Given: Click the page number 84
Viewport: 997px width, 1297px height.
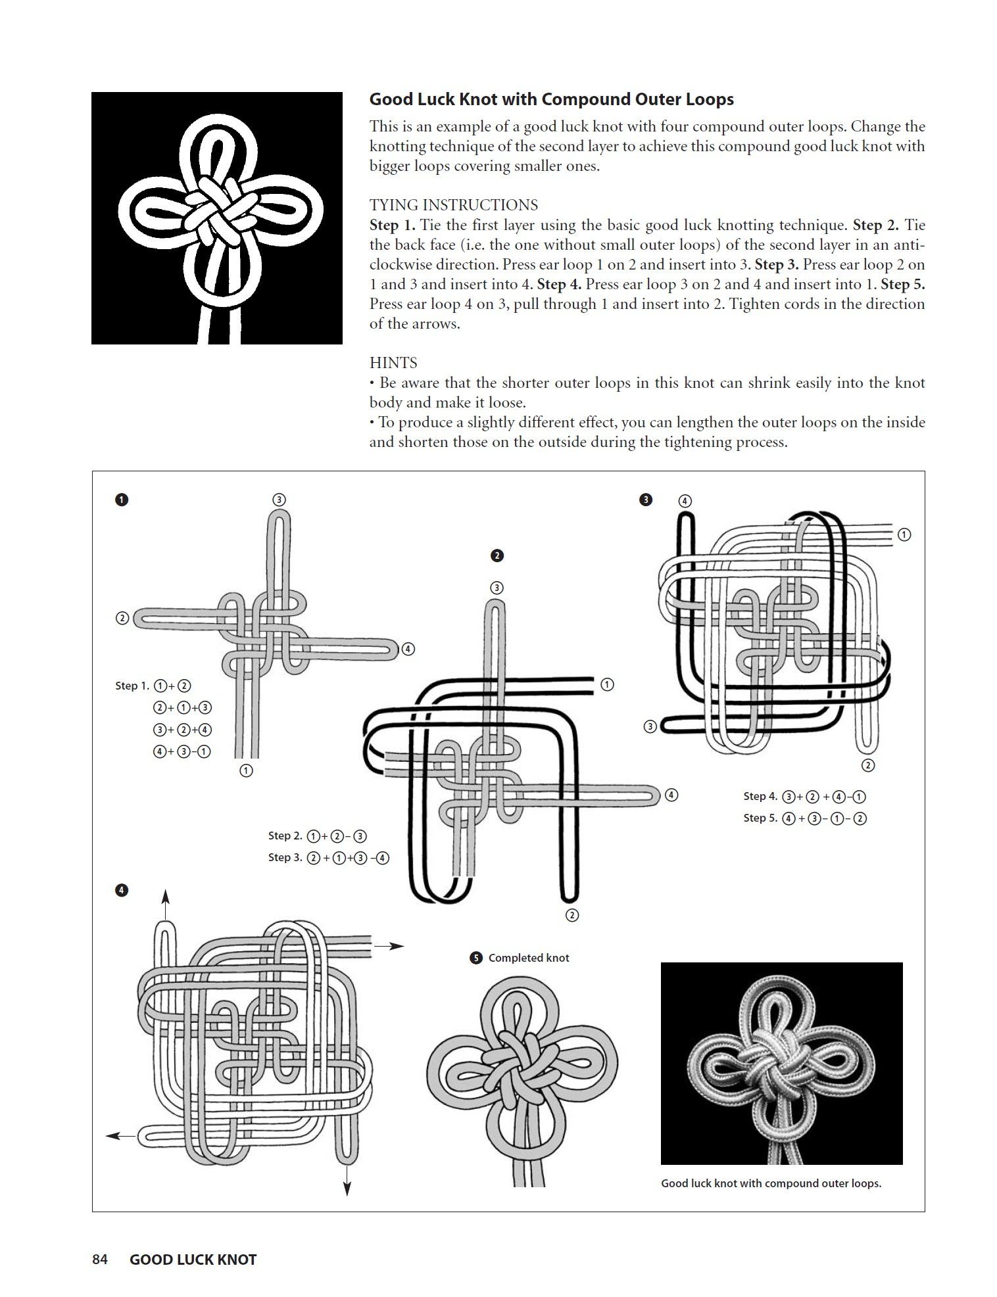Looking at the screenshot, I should [x=99, y=1260].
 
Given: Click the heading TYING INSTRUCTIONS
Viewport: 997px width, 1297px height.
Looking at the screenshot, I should [x=453, y=205].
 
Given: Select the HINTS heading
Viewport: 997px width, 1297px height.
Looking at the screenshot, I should [x=393, y=363].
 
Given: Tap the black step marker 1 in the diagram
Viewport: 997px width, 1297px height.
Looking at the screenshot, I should [x=122, y=500].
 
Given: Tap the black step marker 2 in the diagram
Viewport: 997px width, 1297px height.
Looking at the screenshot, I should [x=497, y=555].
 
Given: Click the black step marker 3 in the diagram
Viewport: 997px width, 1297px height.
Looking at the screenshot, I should [x=646, y=500].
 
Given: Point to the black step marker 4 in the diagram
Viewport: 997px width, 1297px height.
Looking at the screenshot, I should [x=122, y=891].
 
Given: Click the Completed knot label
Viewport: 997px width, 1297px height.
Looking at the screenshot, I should [x=528, y=958].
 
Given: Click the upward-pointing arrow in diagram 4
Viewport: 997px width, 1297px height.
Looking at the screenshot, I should [x=166, y=899].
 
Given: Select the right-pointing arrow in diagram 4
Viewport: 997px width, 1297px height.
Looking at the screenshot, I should [x=389, y=946].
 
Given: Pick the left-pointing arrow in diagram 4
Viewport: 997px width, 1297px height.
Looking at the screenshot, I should [x=121, y=1135].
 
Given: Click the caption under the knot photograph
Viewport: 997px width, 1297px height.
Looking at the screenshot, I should [x=771, y=1183].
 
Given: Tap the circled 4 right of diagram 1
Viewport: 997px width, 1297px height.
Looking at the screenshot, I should [x=408, y=649].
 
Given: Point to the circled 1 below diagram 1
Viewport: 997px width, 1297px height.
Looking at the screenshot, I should [x=246, y=770].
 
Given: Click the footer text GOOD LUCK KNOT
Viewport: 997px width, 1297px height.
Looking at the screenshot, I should [x=193, y=1260].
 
